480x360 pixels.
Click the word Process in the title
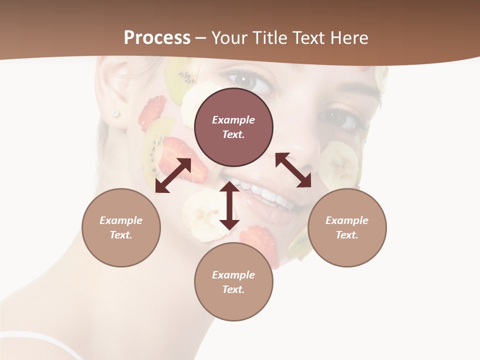click(x=157, y=38)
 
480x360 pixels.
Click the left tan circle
click(x=121, y=227)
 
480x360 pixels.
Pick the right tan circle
click(x=347, y=227)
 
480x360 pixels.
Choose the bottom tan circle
click(x=233, y=281)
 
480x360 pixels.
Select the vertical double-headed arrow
click(x=229, y=205)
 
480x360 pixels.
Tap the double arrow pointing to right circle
click(x=293, y=170)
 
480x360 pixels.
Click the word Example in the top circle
click(x=233, y=120)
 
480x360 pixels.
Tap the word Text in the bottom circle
click(x=233, y=289)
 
